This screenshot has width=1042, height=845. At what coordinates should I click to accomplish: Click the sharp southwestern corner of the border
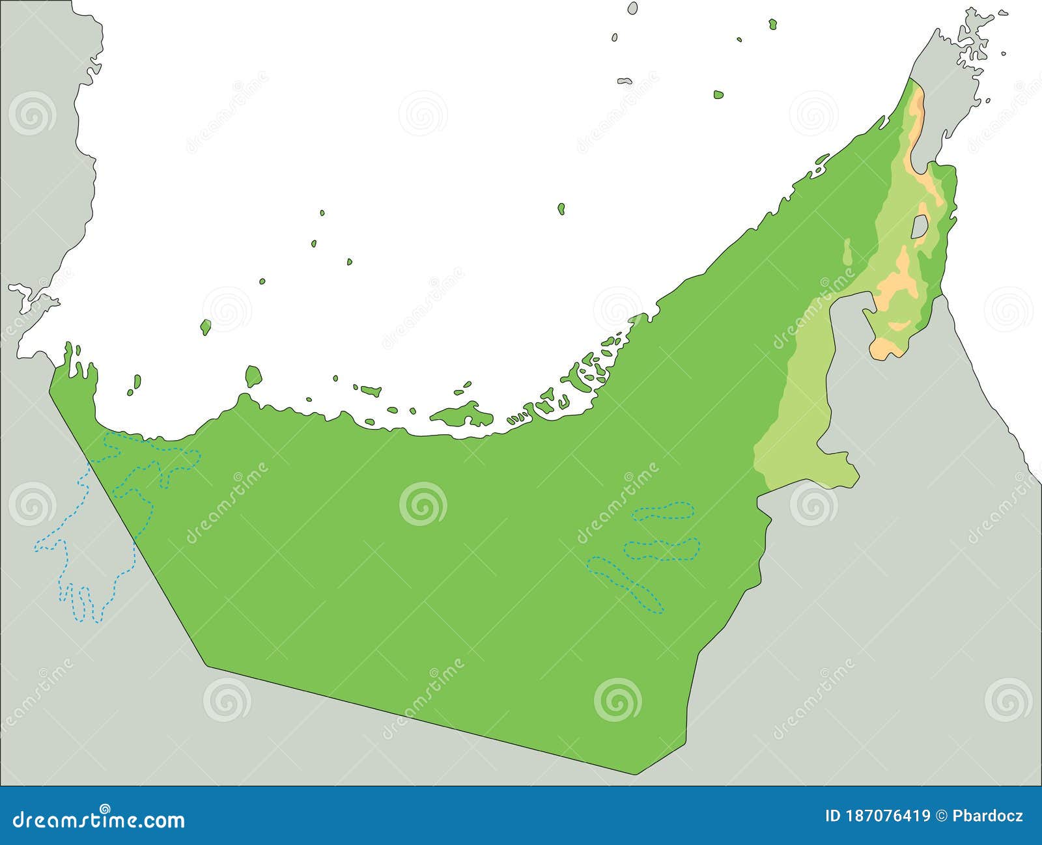207,665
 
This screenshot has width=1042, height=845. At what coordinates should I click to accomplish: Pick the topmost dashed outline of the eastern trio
662,510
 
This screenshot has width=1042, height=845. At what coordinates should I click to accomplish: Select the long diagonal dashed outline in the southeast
625,583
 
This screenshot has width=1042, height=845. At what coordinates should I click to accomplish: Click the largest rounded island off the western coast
253,376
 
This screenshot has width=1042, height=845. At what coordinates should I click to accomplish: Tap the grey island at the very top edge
632,8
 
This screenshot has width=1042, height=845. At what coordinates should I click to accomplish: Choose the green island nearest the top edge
772,25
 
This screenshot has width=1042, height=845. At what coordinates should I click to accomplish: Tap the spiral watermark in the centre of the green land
423,503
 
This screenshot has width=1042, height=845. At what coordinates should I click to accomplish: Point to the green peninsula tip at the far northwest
68,352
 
